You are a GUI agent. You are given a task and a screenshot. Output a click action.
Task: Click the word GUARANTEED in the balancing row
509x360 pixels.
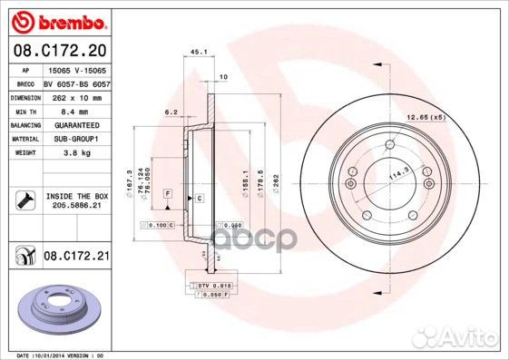[74, 124]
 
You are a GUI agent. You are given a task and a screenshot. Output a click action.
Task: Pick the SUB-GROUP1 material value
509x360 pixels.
[74, 139]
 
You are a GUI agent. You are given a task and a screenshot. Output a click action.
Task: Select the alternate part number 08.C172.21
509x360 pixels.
[75, 258]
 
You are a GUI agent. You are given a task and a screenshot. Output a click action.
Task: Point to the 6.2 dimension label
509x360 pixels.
[171, 112]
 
